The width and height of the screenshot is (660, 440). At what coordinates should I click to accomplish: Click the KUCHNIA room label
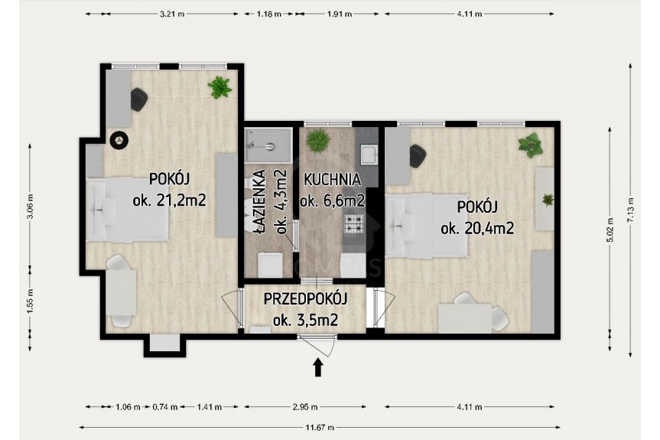tap(332, 180)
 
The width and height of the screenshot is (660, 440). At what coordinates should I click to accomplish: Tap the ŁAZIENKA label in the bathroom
tap(260, 202)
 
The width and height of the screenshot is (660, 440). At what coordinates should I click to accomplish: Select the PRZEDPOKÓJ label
tap(305, 299)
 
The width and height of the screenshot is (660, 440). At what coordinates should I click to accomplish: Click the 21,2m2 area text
tap(180, 200)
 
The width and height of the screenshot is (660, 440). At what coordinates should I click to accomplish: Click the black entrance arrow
tap(318, 367)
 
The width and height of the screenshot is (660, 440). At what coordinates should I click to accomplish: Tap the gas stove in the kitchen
tap(353, 223)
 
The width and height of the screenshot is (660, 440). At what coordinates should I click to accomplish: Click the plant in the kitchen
tap(317, 141)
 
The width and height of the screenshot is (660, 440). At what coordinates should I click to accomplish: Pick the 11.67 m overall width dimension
tap(320, 427)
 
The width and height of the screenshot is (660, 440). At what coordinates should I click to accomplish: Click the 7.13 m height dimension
tap(630, 209)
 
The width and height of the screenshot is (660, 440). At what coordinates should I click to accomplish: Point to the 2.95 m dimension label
tap(305, 407)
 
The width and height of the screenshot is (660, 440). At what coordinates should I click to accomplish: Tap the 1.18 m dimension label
tap(269, 14)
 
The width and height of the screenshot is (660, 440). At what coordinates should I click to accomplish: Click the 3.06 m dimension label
tap(30, 207)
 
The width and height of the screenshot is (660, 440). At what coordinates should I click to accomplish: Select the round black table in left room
tap(119, 140)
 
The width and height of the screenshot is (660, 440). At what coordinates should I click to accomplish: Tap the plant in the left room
tap(219, 87)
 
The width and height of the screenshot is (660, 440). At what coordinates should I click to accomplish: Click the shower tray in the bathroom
tap(268, 145)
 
